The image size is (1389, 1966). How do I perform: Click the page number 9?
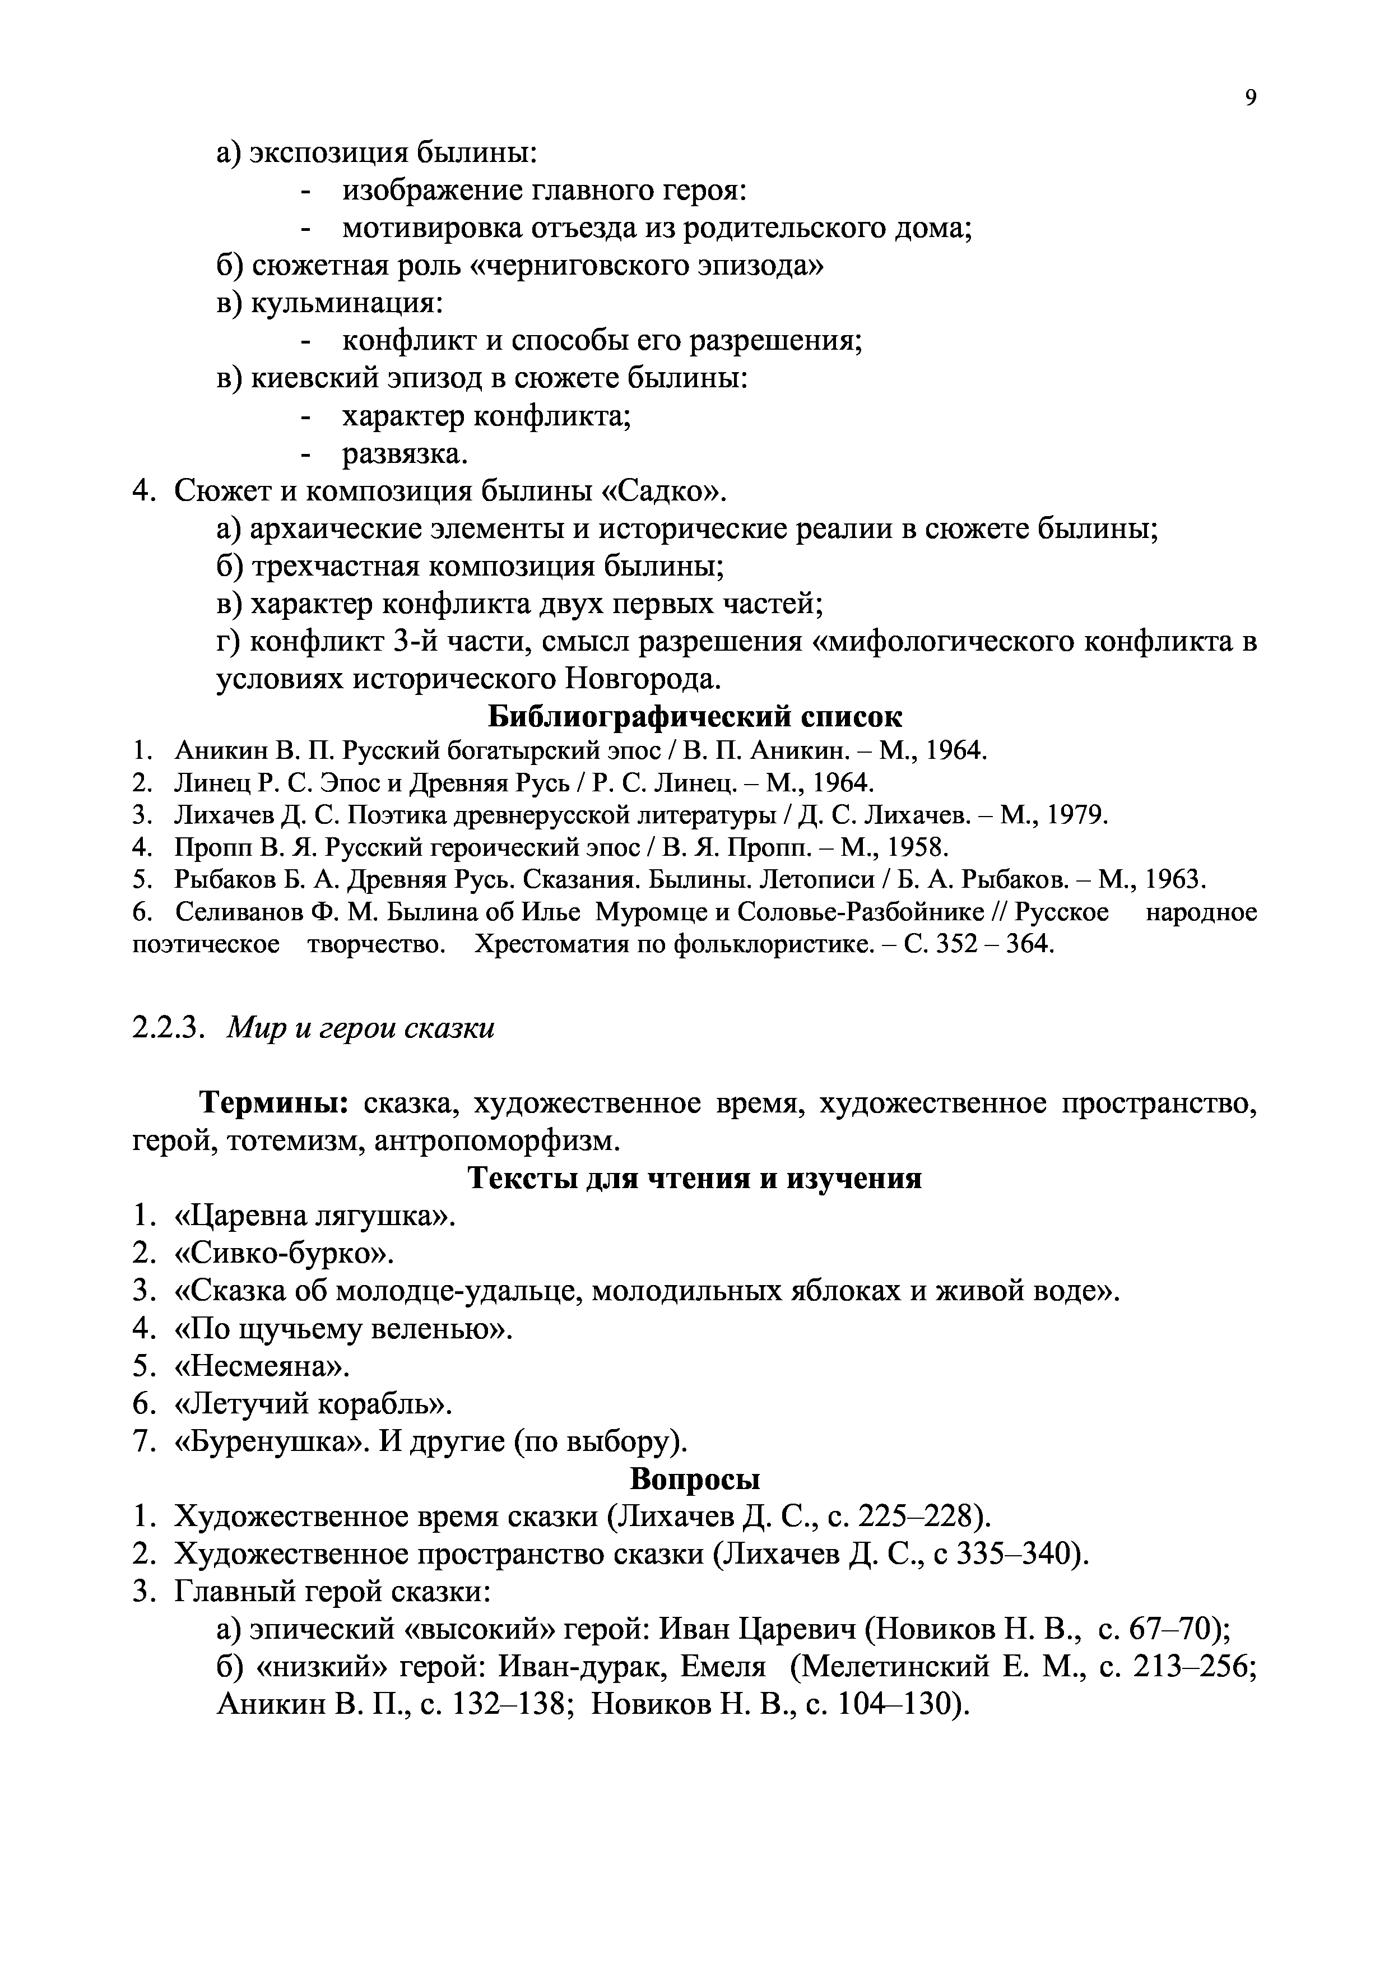[1251, 99]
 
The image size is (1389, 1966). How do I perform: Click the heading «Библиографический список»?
[694, 716]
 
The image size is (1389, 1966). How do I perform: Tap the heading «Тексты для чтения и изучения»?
[694, 1179]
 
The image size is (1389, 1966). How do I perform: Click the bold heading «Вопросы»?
[694, 1479]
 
